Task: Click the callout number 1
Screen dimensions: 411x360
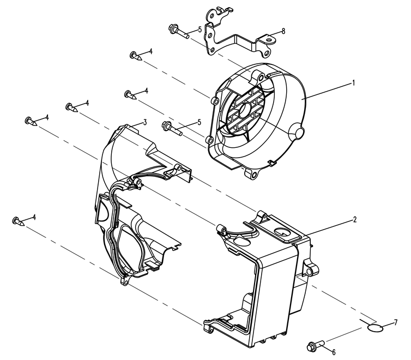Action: point(353,83)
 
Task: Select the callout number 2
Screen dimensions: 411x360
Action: point(355,219)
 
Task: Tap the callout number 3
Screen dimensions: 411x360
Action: point(145,122)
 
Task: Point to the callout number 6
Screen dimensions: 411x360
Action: point(334,352)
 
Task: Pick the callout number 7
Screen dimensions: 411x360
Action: point(396,322)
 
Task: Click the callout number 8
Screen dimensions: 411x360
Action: point(283,31)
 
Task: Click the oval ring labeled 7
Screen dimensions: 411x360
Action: point(375,327)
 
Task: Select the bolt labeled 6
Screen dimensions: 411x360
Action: point(316,345)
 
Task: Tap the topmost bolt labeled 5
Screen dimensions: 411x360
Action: point(179,31)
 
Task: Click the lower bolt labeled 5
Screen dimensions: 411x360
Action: point(172,128)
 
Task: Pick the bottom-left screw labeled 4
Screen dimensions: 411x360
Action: point(19,221)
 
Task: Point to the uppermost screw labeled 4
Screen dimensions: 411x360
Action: point(136,56)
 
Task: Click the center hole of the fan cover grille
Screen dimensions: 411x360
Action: point(245,109)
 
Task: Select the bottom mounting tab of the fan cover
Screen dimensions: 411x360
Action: point(251,173)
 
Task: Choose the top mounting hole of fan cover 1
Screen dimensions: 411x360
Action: point(261,78)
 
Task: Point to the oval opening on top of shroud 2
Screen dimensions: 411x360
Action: point(282,231)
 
